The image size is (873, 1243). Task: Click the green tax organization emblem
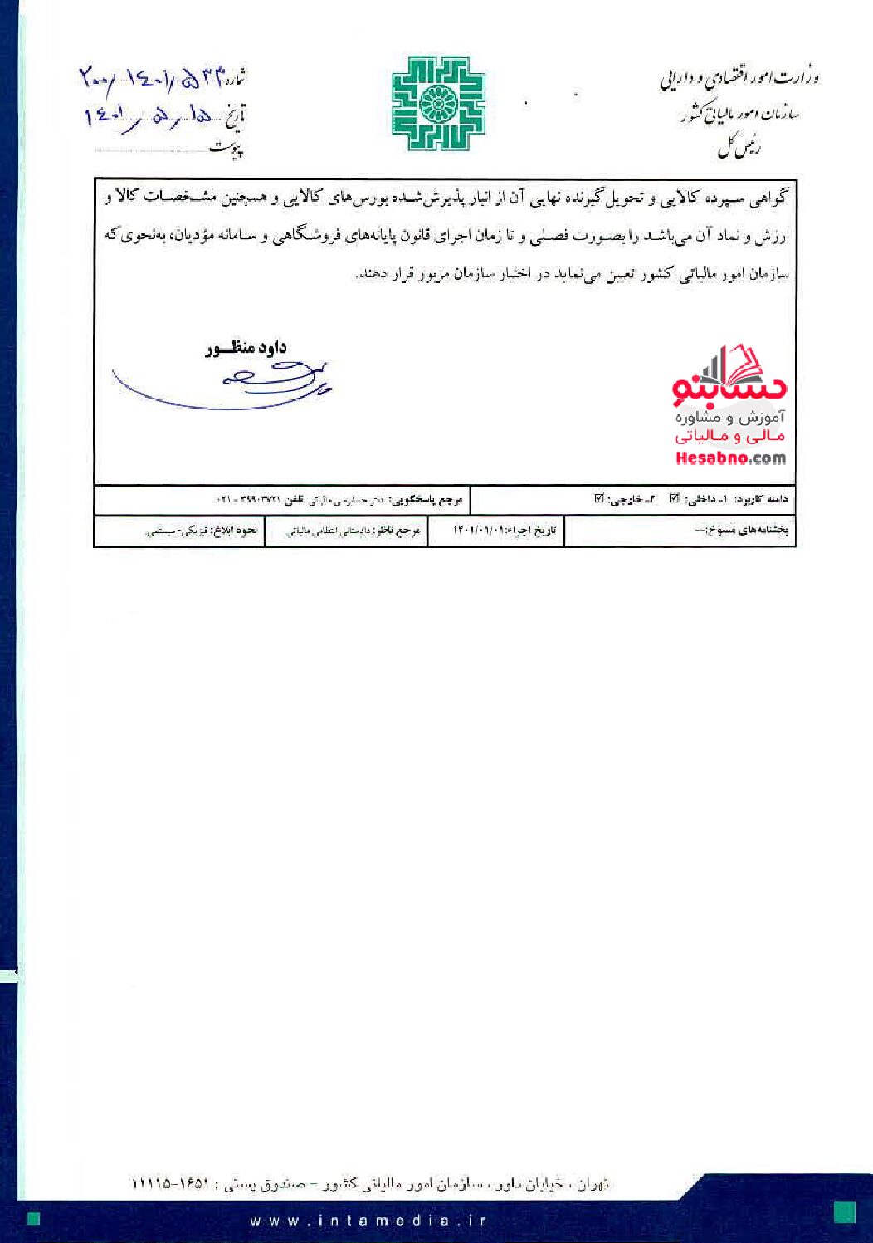[437, 103]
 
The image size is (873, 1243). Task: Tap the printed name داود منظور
[246, 348]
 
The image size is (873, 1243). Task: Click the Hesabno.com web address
[730, 458]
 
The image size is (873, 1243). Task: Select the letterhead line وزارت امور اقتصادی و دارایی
[739, 80]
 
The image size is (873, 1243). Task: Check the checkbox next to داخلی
[675, 499]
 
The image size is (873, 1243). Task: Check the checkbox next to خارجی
[599, 499]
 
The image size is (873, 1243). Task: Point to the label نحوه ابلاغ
[234, 530]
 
